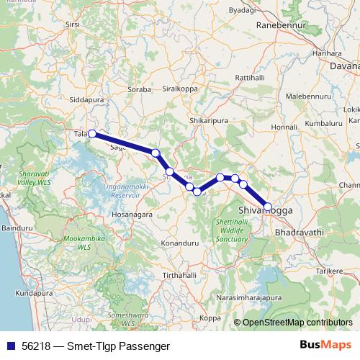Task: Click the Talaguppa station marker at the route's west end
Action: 92,133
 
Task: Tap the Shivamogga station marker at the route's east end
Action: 268,207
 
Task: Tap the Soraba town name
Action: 139,90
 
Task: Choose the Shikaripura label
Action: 209,120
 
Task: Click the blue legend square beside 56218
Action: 11,345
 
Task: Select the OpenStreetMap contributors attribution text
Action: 297,323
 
